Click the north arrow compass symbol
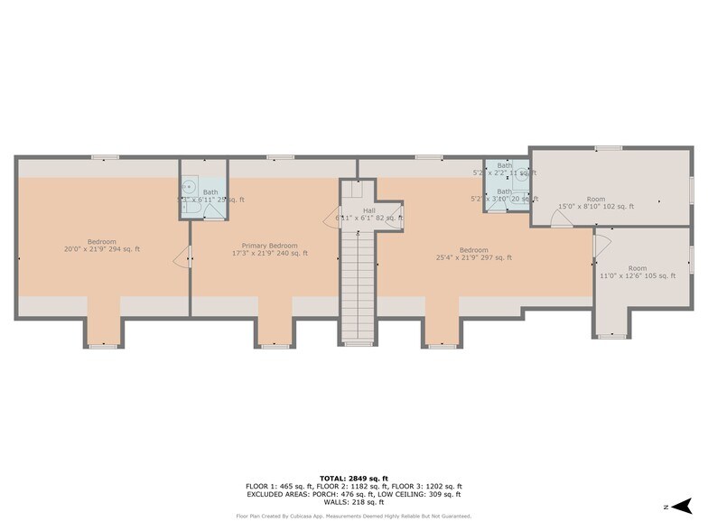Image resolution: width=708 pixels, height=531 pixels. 683,506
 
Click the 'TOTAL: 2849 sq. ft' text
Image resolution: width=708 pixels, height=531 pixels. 354,478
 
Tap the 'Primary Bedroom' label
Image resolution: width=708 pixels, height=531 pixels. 269,246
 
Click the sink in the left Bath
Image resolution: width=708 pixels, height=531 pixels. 189,188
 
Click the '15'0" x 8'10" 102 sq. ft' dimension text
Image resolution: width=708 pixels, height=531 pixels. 596,207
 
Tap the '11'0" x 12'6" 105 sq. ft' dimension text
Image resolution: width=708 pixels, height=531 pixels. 638,275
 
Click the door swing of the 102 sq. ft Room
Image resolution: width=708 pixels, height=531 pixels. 560,219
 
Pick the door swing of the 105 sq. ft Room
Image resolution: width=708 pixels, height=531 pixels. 603,241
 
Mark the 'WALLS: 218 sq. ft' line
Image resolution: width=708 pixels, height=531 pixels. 354,502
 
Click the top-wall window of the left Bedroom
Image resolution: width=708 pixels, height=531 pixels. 104,158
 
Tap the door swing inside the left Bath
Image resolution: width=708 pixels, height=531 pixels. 213,212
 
